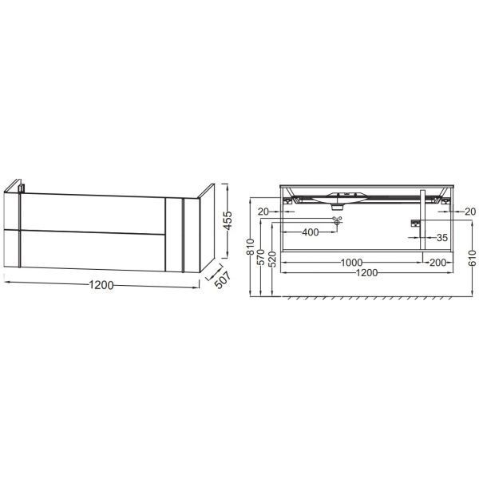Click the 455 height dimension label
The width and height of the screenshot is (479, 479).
click(228, 220)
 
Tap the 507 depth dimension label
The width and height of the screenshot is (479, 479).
click(223, 280)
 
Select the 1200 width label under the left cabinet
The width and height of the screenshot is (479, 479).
click(101, 285)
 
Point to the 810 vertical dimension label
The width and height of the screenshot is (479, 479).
click(250, 246)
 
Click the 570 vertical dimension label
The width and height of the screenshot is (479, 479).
click(260, 257)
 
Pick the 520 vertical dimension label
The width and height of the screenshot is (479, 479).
click(273, 259)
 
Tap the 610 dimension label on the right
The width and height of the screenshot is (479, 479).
click(473, 258)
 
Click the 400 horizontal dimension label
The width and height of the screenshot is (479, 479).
click(310, 232)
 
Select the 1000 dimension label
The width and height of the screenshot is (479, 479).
click(351, 263)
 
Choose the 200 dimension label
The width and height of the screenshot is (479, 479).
click(437, 263)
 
